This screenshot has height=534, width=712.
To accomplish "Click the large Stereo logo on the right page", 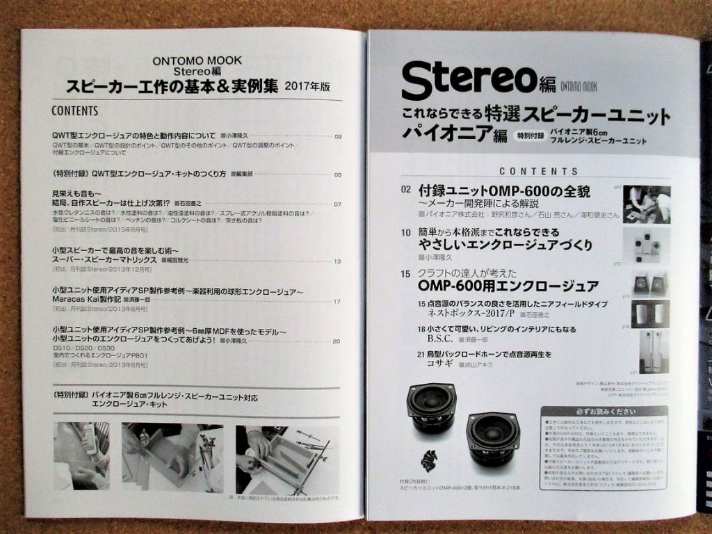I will (469, 80).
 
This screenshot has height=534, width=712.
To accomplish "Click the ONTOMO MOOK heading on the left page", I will (197, 60).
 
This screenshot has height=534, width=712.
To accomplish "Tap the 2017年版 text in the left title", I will (307, 88).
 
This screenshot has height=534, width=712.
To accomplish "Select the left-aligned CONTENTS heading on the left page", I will (74, 111).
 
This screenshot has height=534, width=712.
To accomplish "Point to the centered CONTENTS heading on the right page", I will (538, 171).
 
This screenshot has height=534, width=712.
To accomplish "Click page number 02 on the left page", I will (338, 137).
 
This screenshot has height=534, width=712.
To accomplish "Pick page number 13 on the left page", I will (337, 261).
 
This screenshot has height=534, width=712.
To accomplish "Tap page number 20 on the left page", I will (337, 341).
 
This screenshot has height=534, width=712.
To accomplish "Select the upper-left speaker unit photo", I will (431, 406).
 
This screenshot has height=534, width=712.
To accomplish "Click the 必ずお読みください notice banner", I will (603, 410).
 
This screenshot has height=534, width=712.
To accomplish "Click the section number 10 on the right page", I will (405, 232).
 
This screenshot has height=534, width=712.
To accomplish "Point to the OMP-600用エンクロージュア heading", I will (508, 286).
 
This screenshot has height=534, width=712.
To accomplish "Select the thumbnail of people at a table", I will (647, 204).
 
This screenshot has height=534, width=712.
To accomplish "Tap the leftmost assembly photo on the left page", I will (81, 455).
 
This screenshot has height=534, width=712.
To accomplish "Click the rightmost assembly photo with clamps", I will (286, 459).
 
